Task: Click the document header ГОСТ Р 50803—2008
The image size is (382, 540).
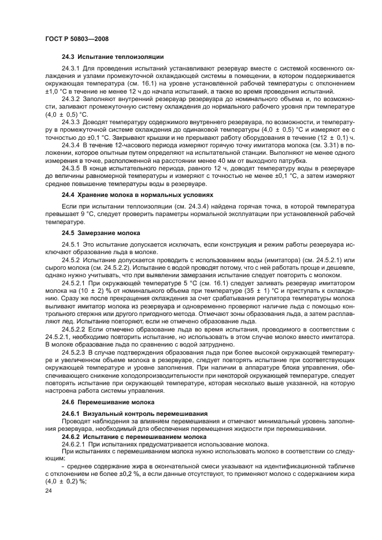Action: click(76, 38)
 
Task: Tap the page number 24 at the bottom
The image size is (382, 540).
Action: click(49, 490)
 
